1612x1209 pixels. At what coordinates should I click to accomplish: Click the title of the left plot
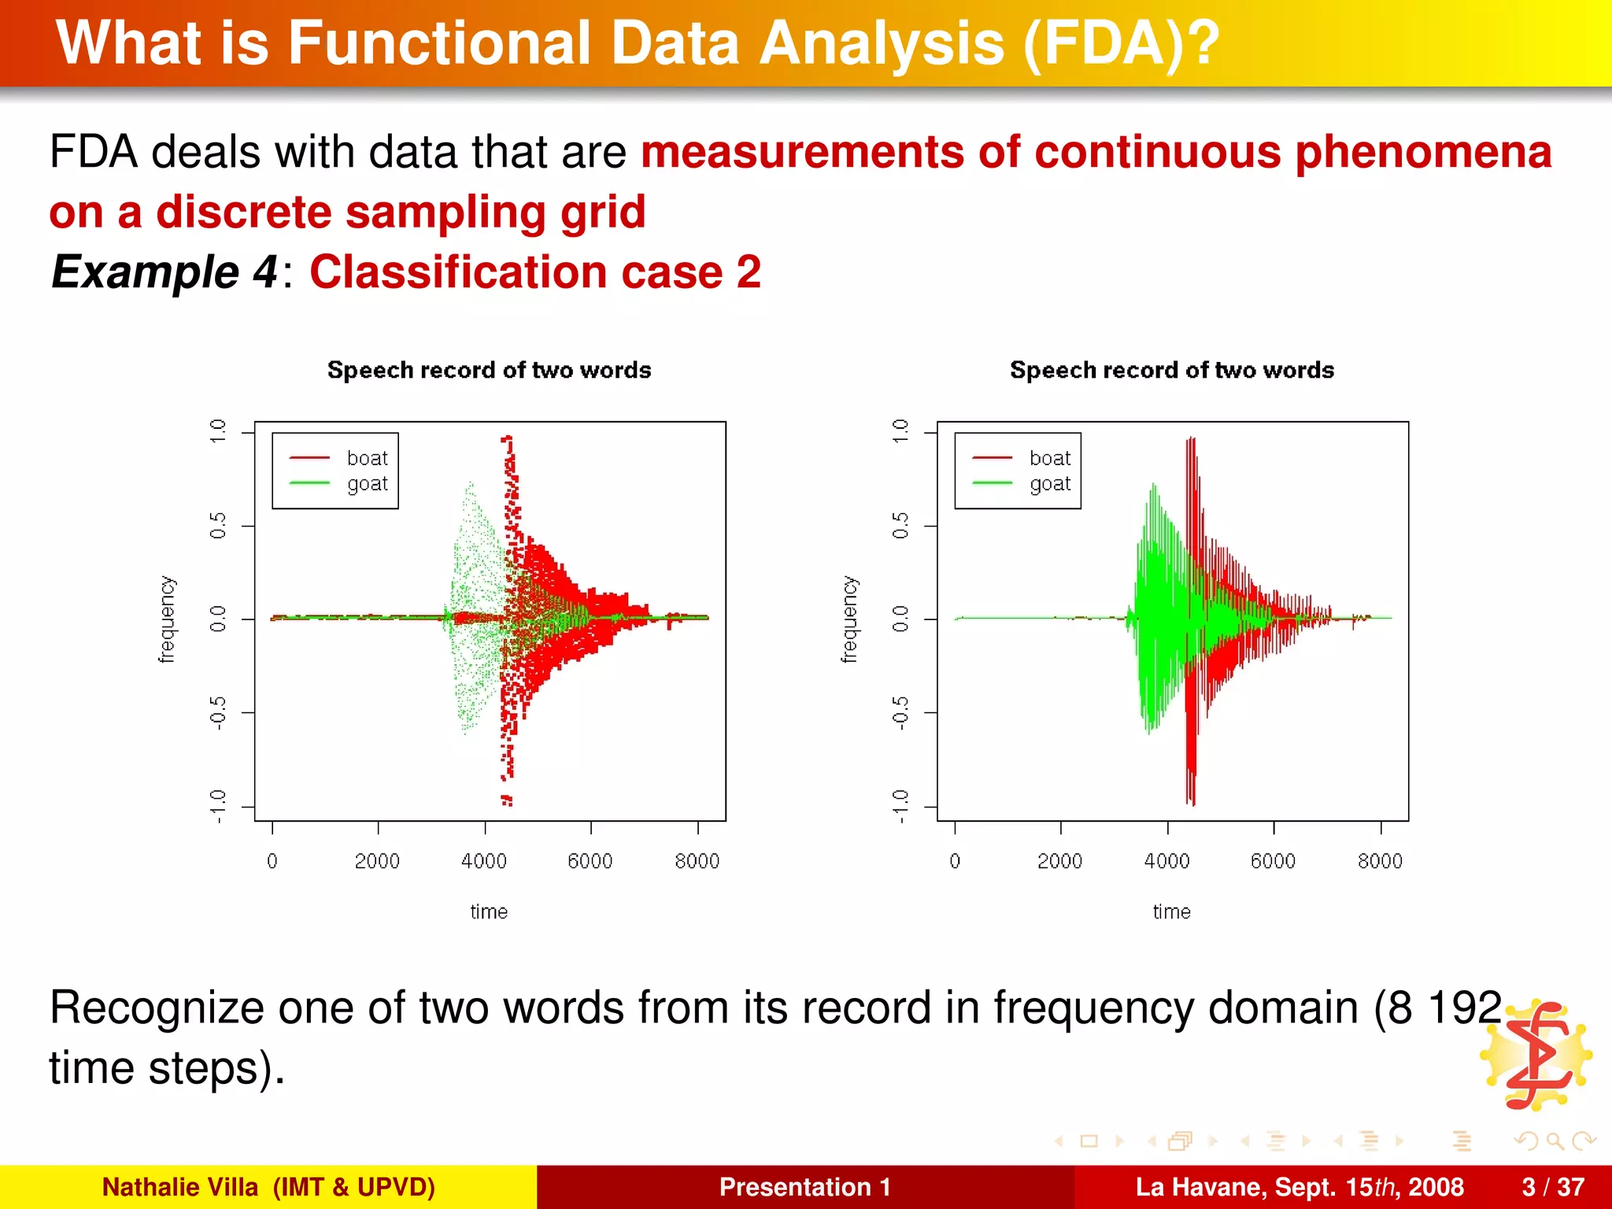pyautogui.click(x=489, y=370)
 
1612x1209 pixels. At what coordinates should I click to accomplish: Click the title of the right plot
pyautogui.click(x=1171, y=370)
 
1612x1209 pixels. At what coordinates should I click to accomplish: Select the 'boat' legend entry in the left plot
pyautogui.click(x=367, y=458)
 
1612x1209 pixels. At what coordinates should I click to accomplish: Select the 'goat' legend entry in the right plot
pyautogui.click(x=1049, y=484)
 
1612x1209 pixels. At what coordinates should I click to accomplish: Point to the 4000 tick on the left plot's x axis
pyautogui.click(x=484, y=861)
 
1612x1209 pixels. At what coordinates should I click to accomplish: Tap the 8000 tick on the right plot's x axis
pyautogui.click(x=1380, y=861)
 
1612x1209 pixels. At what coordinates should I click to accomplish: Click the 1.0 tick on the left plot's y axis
pyautogui.click(x=218, y=431)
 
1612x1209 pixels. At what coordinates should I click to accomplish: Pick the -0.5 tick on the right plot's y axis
pyautogui.click(x=900, y=712)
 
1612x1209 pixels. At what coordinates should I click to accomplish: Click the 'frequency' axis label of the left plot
pyautogui.click(x=167, y=619)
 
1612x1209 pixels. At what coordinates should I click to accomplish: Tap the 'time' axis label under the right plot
pyautogui.click(x=1171, y=911)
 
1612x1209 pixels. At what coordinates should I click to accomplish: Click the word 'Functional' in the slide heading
pyautogui.click(x=439, y=43)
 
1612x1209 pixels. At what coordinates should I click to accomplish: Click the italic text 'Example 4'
pyautogui.click(x=164, y=272)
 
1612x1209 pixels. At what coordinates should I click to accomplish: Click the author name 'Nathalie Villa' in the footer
pyautogui.click(x=180, y=1187)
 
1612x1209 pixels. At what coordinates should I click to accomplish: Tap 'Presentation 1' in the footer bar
pyautogui.click(x=804, y=1187)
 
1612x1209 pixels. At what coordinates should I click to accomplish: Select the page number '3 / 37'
pyautogui.click(x=1553, y=1187)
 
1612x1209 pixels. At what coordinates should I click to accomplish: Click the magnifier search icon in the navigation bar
pyautogui.click(x=1554, y=1141)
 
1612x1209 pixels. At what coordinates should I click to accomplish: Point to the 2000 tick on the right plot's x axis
pyautogui.click(x=1059, y=861)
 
